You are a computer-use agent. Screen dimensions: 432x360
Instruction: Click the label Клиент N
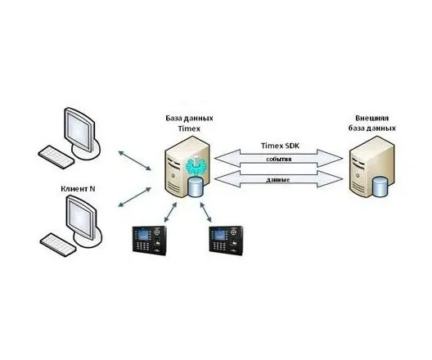click(78, 189)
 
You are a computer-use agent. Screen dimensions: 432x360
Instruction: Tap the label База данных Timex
click(189, 123)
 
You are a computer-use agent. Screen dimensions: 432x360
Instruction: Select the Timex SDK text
click(280, 146)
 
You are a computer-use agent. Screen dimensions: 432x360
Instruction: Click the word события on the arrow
click(278, 159)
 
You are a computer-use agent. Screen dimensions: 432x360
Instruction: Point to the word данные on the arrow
click(278, 179)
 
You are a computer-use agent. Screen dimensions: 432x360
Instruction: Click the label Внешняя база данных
click(372, 123)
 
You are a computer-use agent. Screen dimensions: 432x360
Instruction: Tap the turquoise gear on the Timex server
click(195, 165)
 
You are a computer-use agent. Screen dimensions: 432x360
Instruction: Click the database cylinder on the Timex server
click(196, 187)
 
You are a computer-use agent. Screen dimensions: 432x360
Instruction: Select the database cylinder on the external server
click(380, 187)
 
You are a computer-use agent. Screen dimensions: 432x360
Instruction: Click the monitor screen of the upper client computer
click(79, 129)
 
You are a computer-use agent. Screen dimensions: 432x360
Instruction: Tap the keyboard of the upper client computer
click(56, 157)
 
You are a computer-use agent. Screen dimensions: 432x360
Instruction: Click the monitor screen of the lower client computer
click(81, 217)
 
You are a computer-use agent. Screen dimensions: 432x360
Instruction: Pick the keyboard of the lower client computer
click(58, 245)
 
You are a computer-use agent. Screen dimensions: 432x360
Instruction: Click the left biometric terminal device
click(150, 239)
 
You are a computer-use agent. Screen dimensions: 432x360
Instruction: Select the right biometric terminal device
click(226, 239)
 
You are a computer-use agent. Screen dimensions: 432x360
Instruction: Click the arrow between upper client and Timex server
click(135, 160)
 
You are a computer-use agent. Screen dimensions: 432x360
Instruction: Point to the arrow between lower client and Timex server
click(134, 197)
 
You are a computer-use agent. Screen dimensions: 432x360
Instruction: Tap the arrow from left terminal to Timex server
click(170, 213)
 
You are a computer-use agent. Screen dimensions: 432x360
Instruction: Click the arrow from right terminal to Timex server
click(205, 212)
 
